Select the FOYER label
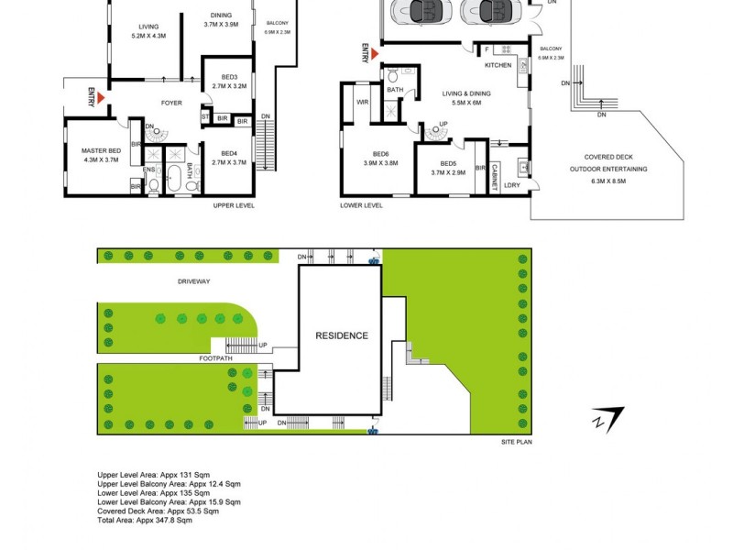tap(172, 103)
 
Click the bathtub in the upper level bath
tap(173, 176)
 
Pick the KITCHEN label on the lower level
tap(498, 66)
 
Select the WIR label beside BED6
tap(362, 102)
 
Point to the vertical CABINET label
tap(494, 175)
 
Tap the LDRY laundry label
tap(512, 186)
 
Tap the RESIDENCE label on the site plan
tap(342, 335)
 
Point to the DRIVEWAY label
tap(194, 281)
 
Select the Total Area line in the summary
tap(145, 520)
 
